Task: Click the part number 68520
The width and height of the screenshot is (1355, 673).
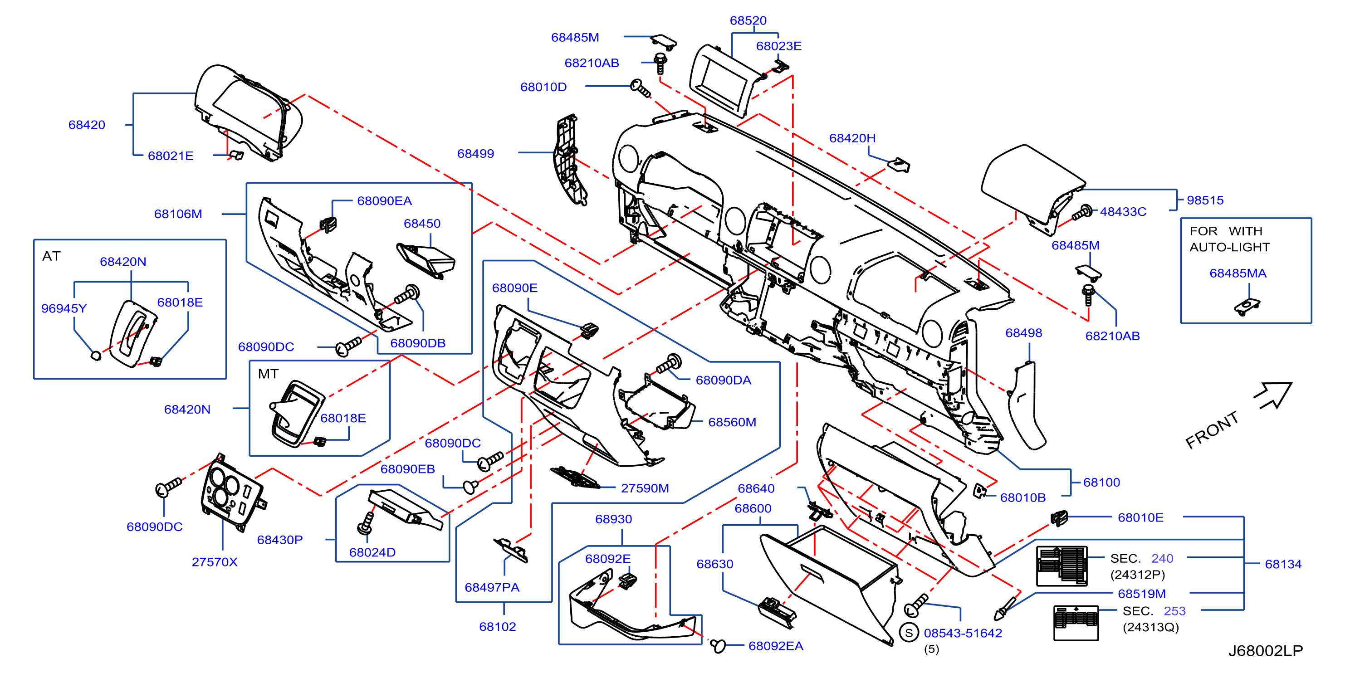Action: pyautogui.click(x=748, y=20)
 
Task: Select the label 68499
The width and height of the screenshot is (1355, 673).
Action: pyautogui.click(x=475, y=154)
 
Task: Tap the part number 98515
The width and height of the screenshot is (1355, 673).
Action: pyautogui.click(x=1205, y=200)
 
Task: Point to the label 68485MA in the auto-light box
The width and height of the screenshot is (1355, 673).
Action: pyautogui.click(x=1238, y=273)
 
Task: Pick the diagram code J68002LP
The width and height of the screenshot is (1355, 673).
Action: pyautogui.click(x=1266, y=651)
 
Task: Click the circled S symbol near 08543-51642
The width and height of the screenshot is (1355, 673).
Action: pyautogui.click(x=909, y=633)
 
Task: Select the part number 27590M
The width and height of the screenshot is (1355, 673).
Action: pyautogui.click(x=645, y=488)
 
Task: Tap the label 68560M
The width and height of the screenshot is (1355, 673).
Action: pyautogui.click(x=732, y=422)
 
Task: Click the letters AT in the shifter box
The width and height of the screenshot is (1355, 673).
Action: pyautogui.click(x=52, y=256)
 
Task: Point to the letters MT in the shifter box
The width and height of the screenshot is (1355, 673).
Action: pyautogui.click(x=268, y=374)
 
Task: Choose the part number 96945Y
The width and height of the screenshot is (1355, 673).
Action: pyautogui.click(x=64, y=309)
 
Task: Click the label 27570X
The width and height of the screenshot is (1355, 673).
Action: pyautogui.click(x=215, y=562)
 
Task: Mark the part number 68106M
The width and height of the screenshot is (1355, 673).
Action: pyautogui.click(x=178, y=214)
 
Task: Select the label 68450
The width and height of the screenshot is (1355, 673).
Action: pyautogui.click(x=422, y=224)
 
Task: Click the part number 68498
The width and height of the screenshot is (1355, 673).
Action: pyautogui.click(x=1023, y=333)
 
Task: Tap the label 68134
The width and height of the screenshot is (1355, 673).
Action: pyautogui.click(x=1283, y=564)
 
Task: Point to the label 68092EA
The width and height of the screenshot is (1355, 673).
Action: pyautogui.click(x=776, y=646)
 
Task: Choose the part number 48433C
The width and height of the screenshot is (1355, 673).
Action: pyautogui.click(x=1123, y=212)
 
